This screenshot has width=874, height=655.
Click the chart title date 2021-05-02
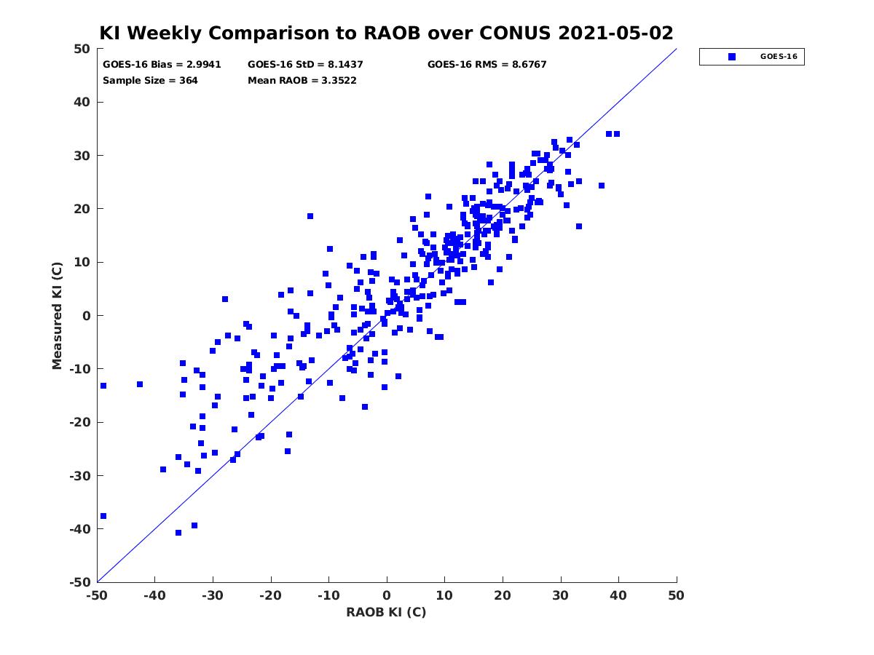point(615,33)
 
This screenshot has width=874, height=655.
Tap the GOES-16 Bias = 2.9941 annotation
point(162,65)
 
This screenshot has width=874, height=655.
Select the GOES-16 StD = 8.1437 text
point(305,65)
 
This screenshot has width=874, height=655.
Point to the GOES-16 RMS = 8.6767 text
point(487,65)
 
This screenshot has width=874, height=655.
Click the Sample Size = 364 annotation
point(150,80)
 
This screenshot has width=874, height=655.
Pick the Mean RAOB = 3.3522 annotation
point(302,80)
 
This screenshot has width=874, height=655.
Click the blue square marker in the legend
point(731,57)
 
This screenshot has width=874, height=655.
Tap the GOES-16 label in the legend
point(779,57)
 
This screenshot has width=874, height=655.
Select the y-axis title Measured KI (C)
point(57,315)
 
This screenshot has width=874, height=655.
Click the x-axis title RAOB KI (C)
point(386,611)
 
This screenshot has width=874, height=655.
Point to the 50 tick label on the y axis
point(82,49)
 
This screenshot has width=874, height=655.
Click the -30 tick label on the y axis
point(80,476)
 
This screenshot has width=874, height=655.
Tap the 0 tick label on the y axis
point(87,316)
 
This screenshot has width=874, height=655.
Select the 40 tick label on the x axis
point(618,595)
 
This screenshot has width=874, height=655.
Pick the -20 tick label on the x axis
point(270,595)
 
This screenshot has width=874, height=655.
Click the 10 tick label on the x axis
point(444,595)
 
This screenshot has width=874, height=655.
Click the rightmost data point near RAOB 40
point(616,134)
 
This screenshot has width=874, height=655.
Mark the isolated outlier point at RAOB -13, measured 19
point(310,216)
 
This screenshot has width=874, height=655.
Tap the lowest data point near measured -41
point(178,533)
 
